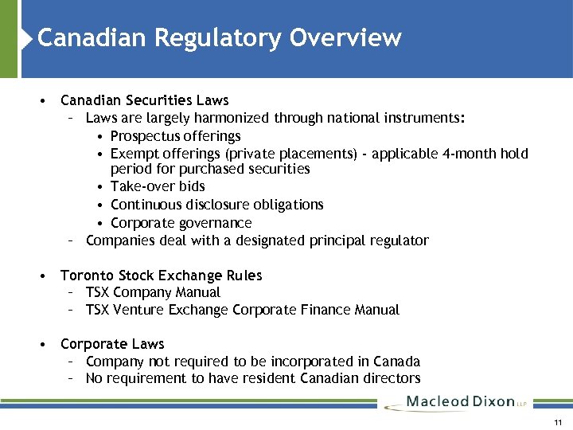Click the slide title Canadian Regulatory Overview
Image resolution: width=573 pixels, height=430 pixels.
pos(219,37)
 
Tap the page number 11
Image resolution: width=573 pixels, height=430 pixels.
pos(558,422)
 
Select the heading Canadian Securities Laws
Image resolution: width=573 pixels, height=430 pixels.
pos(144,100)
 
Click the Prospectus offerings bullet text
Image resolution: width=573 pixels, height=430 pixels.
pos(175,135)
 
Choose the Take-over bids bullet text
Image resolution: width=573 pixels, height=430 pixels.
pos(158,186)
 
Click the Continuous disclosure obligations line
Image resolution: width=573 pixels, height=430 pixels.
pos(216,205)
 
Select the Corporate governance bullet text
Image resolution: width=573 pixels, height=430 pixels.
pos(181,223)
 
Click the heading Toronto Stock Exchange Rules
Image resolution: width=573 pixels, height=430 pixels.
pos(161,276)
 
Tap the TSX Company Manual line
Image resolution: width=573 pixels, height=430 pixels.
pos(153,292)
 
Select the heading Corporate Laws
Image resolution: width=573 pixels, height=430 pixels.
pos(112,344)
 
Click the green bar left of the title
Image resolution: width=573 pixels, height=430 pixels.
pos(9,38)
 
